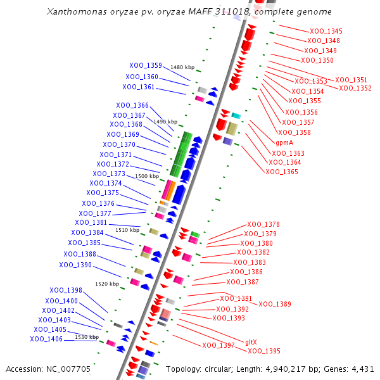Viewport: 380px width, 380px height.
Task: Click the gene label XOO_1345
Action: (326, 31)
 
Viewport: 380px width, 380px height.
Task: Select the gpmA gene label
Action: (284, 142)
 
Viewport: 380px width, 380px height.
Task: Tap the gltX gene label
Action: (251, 342)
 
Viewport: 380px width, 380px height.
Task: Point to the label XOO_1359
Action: (146, 65)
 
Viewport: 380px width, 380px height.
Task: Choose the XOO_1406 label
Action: (46, 339)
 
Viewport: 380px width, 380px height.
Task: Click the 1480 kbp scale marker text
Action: (182, 67)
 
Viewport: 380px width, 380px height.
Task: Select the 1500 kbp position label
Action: (147, 176)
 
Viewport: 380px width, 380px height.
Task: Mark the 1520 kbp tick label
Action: (107, 284)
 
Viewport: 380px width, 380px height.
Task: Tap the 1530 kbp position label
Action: (87, 337)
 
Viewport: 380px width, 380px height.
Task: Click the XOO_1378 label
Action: (263, 224)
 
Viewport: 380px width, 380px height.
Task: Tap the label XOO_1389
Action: (275, 304)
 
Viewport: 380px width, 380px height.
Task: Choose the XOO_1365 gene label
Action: (282, 172)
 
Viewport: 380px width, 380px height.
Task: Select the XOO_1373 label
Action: (109, 174)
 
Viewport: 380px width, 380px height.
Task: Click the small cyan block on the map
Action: (236, 115)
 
